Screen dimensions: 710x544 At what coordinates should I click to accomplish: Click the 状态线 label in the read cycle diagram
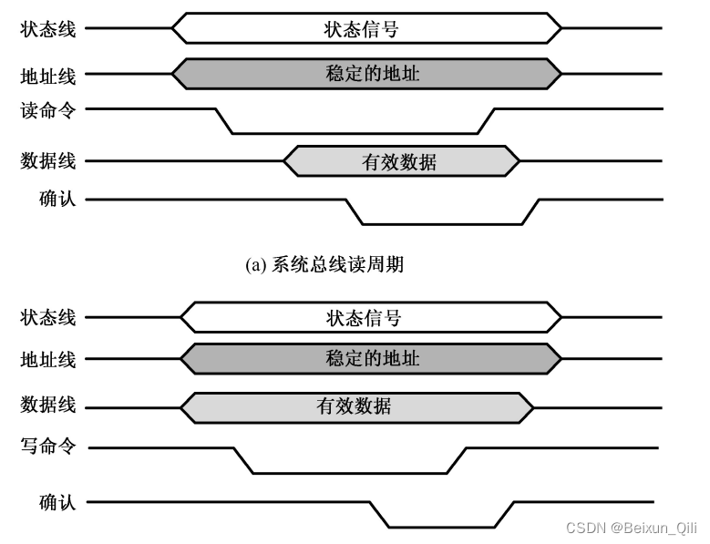point(48,27)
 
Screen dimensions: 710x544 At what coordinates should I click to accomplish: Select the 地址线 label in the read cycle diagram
point(48,74)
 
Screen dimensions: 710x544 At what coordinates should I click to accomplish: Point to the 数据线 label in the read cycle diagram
point(48,161)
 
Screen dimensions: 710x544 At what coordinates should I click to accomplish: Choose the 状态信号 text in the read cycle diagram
point(362,28)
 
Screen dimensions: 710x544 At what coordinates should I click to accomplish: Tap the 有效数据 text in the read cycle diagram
point(399,162)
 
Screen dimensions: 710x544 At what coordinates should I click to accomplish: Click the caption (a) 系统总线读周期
point(324,265)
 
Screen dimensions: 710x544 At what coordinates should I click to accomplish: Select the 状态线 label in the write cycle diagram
point(48,318)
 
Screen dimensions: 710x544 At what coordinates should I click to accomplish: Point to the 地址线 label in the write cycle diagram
point(48,358)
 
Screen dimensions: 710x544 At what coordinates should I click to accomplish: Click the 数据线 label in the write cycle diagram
point(48,404)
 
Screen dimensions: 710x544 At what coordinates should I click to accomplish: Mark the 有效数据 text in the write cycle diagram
point(354,405)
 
